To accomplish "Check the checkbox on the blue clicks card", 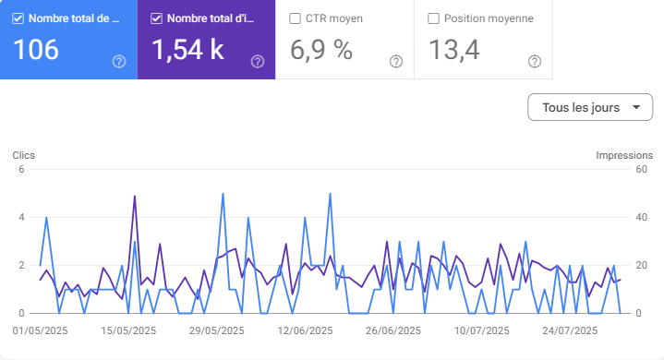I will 18,18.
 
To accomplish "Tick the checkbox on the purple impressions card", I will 156,18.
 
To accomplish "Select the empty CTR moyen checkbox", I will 295,18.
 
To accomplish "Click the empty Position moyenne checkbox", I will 433,18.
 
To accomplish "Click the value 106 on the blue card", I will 36,50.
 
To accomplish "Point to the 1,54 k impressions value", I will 187,50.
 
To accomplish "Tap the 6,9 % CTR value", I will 321,50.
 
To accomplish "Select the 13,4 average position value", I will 453,50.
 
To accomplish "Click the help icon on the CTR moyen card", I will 396,62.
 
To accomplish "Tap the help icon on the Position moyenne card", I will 535,62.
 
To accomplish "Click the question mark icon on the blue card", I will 119,62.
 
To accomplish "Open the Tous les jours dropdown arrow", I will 635,108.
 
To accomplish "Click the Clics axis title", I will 24,155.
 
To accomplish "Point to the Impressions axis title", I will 624,155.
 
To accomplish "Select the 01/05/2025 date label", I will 41,330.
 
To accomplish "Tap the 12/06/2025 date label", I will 304,330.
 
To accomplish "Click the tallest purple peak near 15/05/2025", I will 135,196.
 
